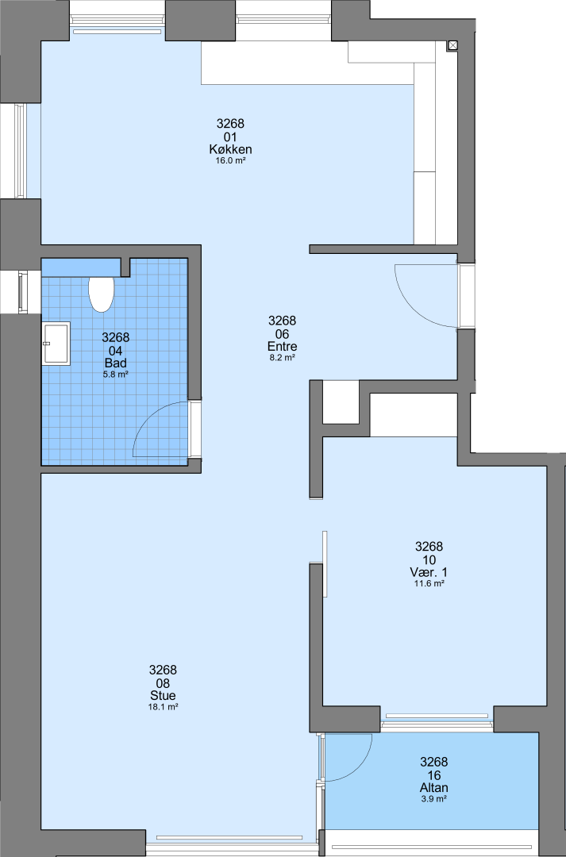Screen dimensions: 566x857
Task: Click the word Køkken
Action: tap(230, 149)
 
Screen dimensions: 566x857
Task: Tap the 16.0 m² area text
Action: tap(230, 160)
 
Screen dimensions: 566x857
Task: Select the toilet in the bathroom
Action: tap(101, 294)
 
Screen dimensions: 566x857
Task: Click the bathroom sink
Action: tap(56, 344)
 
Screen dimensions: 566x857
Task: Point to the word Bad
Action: tap(115, 363)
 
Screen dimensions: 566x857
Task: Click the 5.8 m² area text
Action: tap(115, 375)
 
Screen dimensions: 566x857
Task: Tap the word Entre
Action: tap(282, 346)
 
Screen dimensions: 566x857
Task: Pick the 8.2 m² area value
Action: tap(282, 357)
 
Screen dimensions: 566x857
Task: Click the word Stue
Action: tap(163, 695)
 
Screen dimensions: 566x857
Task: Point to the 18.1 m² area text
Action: tap(163, 707)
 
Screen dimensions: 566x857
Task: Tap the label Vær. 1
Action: tap(429, 572)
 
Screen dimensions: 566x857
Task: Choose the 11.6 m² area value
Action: tap(429, 584)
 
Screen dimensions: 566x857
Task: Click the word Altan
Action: tap(433, 788)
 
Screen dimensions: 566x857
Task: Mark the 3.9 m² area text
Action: tap(433, 799)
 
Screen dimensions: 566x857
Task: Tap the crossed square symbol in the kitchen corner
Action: tap(452, 46)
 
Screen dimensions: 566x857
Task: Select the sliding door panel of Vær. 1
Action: tap(325, 564)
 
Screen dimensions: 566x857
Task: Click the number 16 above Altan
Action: tap(433, 775)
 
